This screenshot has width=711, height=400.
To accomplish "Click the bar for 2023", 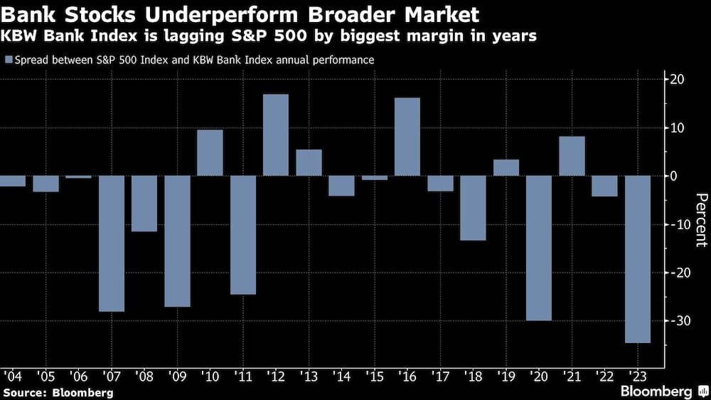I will [x=638, y=259].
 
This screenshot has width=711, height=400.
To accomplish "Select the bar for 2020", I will [x=539, y=248].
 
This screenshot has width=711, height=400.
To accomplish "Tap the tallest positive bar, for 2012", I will [x=276, y=135].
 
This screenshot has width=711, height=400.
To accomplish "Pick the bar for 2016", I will [x=407, y=137].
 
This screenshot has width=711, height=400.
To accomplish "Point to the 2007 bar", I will [x=112, y=243].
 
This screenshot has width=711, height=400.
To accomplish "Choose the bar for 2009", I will [x=177, y=241].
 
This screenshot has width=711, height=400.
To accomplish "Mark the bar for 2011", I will [x=243, y=235].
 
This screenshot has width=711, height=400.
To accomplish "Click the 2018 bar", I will [x=473, y=208].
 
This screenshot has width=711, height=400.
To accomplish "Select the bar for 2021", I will [x=572, y=156].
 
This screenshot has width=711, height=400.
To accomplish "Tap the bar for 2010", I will [x=210, y=153].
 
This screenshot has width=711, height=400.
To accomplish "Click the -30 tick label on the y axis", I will [x=680, y=321].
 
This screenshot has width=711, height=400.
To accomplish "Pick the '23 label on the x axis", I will [x=638, y=375].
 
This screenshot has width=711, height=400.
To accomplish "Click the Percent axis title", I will [x=701, y=219].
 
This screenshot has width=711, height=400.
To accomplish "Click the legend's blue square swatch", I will [x=8, y=60].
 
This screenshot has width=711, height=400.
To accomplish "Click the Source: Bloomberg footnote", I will [x=58, y=392].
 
